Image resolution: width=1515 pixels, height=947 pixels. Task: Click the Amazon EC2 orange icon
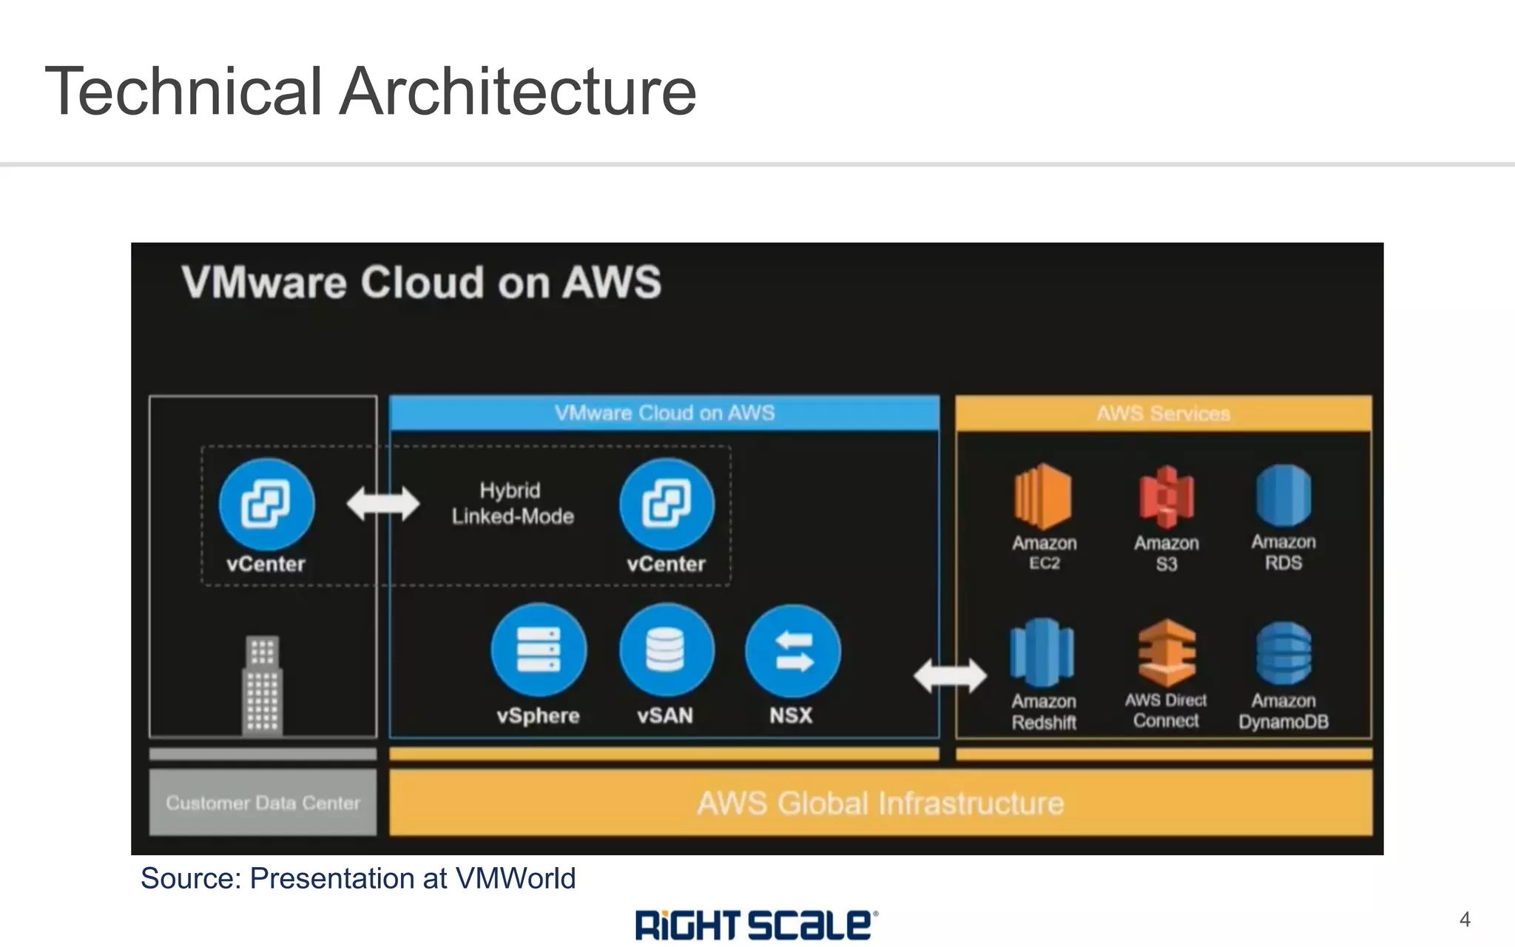click(x=1044, y=496)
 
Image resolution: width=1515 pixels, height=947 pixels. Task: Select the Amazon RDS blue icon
click(x=1283, y=495)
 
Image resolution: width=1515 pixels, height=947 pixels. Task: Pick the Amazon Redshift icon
click(x=1043, y=653)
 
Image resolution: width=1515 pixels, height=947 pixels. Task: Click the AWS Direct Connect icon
click(x=1167, y=653)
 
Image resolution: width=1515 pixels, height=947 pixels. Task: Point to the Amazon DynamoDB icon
click(x=1283, y=653)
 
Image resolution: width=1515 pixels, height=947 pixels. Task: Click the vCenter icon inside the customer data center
click(x=266, y=505)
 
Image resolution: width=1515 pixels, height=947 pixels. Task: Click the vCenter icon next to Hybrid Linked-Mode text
click(x=667, y=505)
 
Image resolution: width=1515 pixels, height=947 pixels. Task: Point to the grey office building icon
click(x=263, y=684)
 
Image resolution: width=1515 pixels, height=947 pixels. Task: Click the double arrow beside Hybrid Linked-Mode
click(x=383, y=504)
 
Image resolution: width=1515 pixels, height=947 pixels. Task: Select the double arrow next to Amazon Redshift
click(x=950, y=675)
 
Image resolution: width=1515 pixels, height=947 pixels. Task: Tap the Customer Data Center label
click(x=263, y=803)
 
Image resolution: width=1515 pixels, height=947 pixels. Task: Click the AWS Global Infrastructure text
click(x=880, y=803)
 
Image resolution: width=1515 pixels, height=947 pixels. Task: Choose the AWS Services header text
click(x=1163, y=414)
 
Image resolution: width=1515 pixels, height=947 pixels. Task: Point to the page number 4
click(x=1465, y=920)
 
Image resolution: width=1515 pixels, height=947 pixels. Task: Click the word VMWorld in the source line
click(x=515, y=879)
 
